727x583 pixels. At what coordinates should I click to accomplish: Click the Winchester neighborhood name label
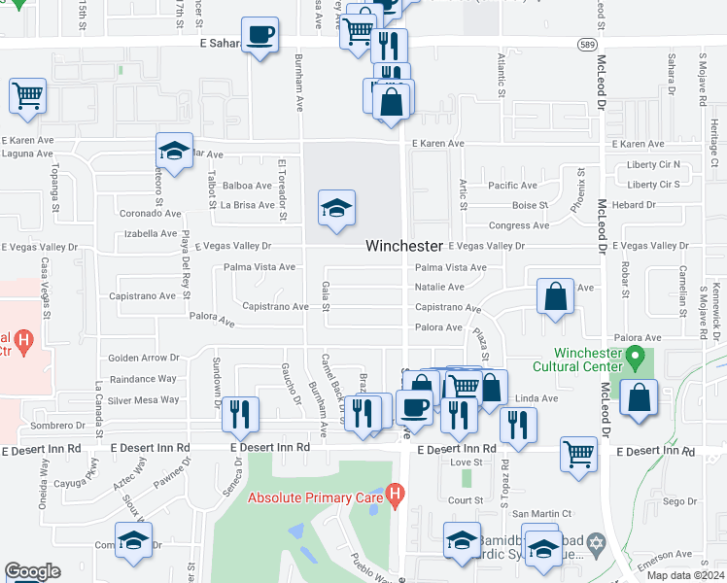pos(404,247)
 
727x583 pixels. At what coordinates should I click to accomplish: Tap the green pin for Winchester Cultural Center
pos(636,359)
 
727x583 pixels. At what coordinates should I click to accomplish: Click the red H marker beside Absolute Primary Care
pos(394,496)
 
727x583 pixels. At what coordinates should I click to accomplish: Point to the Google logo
pos(32,571)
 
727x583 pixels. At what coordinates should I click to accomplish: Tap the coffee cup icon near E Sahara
pos(260,37)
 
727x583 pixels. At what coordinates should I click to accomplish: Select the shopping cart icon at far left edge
pos(28,97)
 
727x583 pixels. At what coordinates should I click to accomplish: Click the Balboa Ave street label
pos(247,186)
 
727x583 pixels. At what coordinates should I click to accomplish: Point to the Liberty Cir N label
pos(653,165)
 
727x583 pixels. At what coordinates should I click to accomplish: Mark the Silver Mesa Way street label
pos(144,399)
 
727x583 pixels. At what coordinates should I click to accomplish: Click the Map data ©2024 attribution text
pos(685,575)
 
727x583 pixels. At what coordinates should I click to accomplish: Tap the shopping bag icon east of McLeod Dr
pos(639,398)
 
